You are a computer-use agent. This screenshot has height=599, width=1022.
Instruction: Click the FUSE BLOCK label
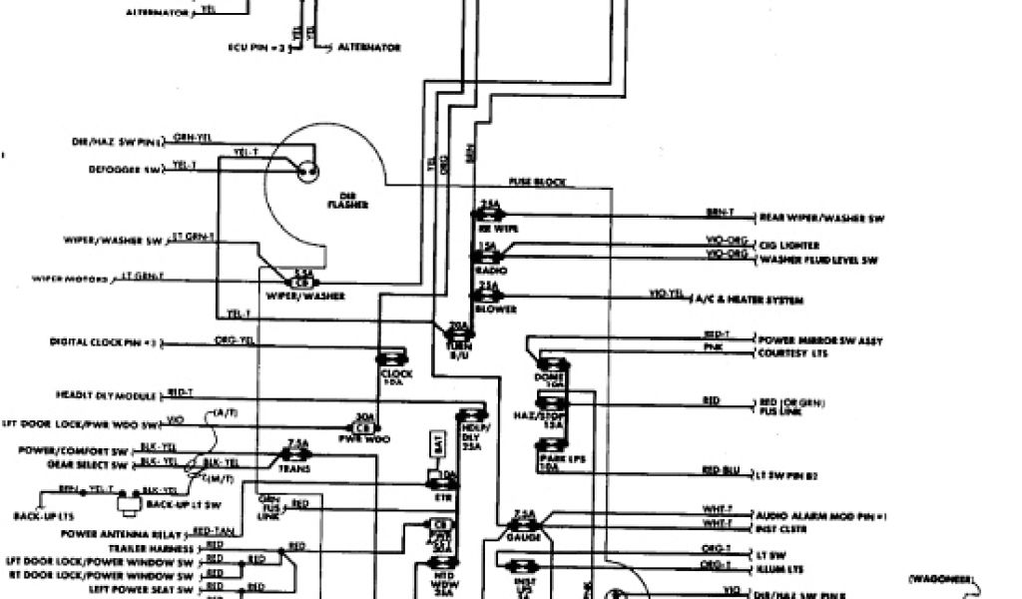537,183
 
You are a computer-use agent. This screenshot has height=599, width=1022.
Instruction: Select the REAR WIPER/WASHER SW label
821,218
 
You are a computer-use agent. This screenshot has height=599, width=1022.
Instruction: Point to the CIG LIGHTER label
789,245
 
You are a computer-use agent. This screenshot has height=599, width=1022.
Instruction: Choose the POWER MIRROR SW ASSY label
819,341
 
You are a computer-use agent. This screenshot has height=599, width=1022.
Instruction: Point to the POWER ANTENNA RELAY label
137,534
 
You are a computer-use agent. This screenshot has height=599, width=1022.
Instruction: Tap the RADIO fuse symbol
489,257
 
